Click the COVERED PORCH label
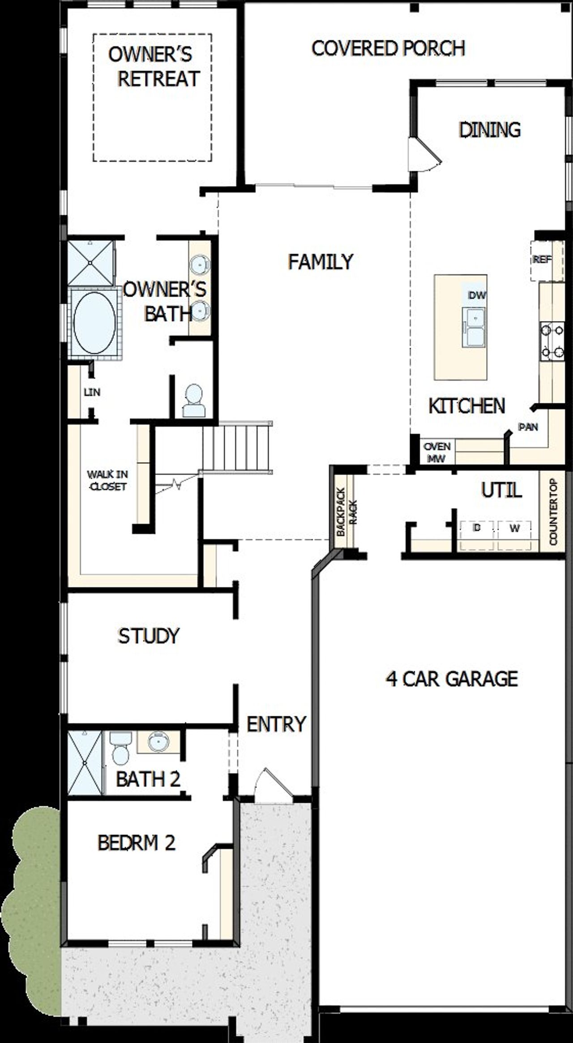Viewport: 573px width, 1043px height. tap(388, 48)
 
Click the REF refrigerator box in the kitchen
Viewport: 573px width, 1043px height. tap(542, 260)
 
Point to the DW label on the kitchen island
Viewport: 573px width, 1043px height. tap(477, 295)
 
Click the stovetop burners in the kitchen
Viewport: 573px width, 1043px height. tap(552, 342)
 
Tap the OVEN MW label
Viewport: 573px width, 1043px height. tap(437, 452)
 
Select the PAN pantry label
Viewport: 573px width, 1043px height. tap(528, 427)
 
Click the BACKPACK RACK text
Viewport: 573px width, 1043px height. tap(346, 511)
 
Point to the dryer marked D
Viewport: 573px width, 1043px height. tap(477, 529)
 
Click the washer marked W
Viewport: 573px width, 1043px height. tap(514, 529)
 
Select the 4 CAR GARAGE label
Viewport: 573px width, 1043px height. tap(451, 679)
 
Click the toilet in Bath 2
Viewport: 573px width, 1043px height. tap(120, 749)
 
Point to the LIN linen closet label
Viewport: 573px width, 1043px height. tap(92, 392)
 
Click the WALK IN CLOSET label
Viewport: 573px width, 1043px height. tap(107, 480)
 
